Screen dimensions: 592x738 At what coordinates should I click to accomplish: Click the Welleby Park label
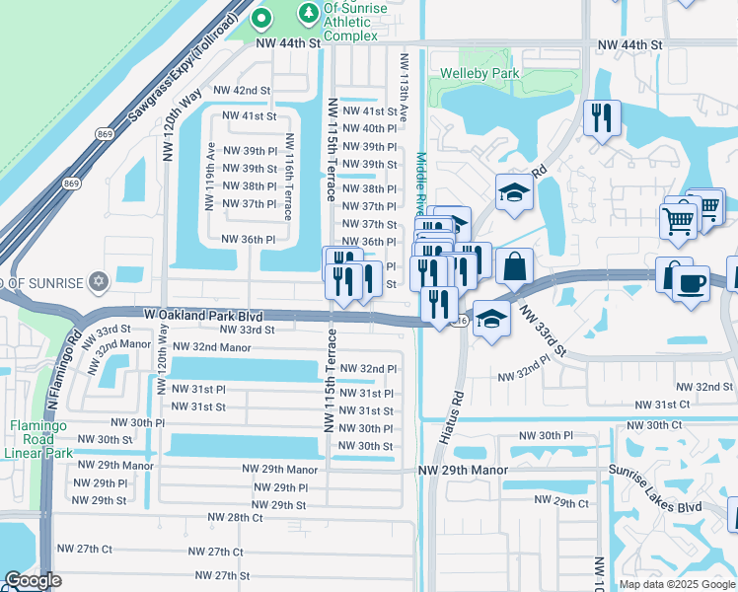[x=479, y=74]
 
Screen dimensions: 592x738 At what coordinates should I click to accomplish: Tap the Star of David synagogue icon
[x=97, y=283]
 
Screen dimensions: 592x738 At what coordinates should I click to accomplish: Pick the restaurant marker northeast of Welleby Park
[x=600, y=118]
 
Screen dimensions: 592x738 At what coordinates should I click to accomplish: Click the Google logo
[x=33, y=581]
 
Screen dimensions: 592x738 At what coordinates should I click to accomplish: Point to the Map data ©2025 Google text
[x=676, y=584]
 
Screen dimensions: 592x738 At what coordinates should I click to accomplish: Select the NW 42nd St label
[x=244, y=90]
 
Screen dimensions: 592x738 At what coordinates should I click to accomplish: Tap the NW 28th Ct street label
[x=235, y=517]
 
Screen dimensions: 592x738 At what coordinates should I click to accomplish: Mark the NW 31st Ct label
[x=662, y=405]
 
